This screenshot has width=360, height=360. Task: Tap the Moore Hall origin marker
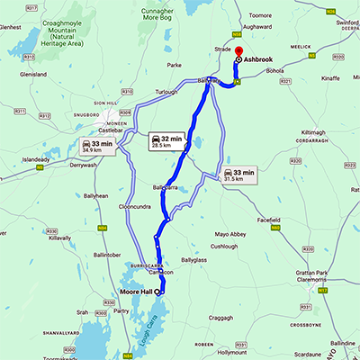(x=157, y=291)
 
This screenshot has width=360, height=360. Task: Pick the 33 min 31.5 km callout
(x=238, y=173)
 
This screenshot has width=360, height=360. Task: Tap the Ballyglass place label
(x=193, y=259)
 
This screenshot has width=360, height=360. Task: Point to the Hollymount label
(x=220, y=353)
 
